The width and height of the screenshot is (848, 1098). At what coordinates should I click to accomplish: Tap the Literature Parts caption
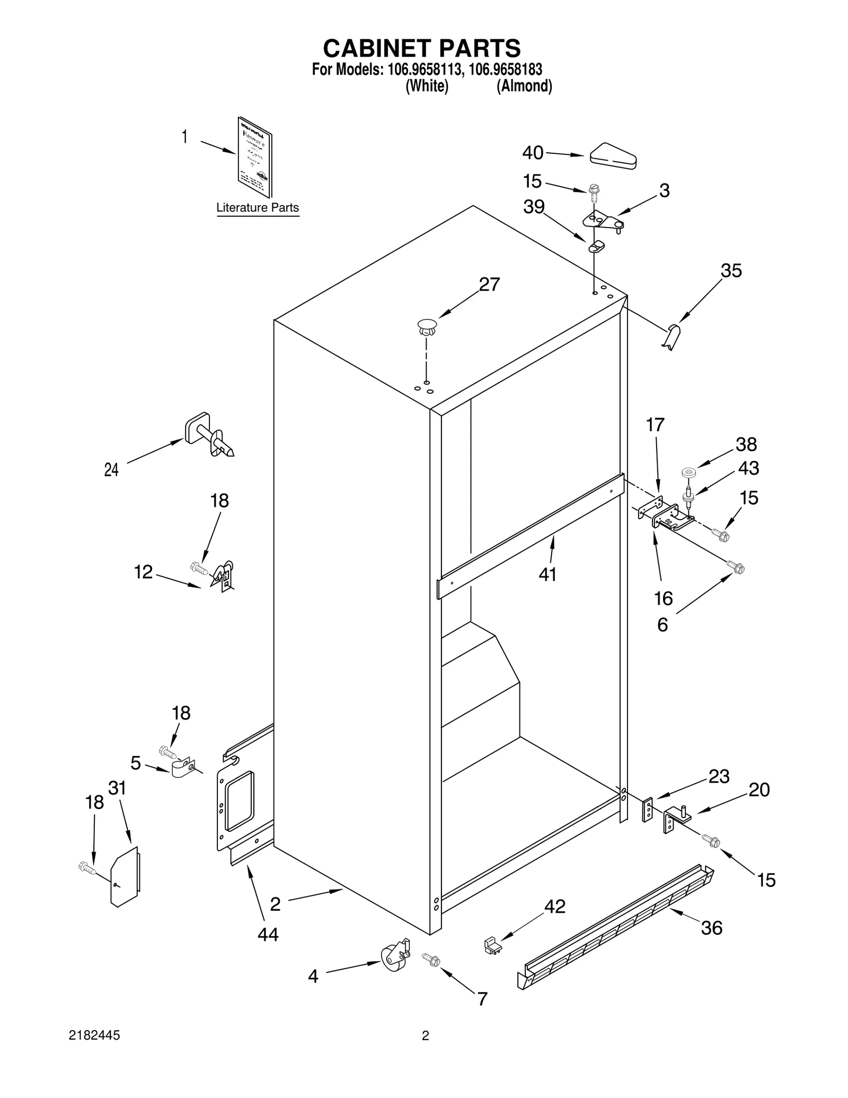coord(258,208)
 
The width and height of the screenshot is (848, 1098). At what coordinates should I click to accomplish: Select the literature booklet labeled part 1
coord(255,157)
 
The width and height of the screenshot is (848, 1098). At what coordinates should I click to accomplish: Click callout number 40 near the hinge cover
coord(532,153)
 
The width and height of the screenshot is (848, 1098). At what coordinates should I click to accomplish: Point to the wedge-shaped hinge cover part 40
coord(613,156)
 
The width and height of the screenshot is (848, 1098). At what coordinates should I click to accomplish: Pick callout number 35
coord(731,271)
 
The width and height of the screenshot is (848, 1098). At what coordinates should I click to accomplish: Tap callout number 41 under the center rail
coord(547,574)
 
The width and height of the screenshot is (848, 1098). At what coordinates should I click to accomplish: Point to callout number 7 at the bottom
coord(482,999)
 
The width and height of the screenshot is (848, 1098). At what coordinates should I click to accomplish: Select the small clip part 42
coord(493,945)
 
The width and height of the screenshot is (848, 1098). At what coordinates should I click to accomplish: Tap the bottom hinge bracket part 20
coord(676,820)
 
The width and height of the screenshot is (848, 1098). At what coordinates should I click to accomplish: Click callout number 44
coord(268,935)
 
